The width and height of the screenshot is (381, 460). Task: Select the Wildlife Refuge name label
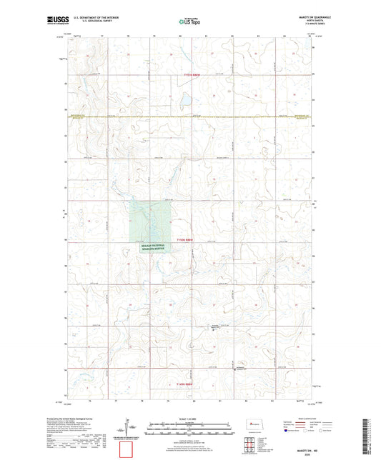152,246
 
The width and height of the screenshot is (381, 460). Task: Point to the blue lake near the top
184,101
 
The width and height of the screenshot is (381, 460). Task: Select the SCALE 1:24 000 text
189,419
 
